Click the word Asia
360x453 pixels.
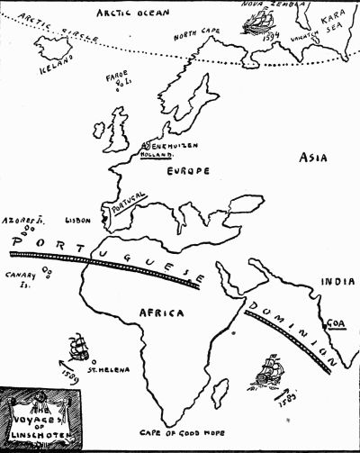click(x=317, y=157)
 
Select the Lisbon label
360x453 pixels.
click(x=78, y=219)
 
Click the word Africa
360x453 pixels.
click(x=163, y=313)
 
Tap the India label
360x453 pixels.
click(x=339, y=279)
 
